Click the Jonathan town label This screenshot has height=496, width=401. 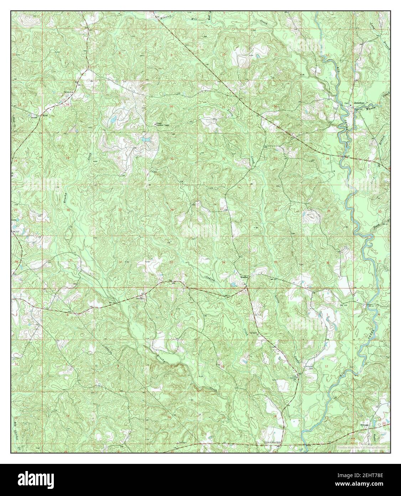pos(359,103)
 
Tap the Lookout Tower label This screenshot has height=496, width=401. pos(160,125)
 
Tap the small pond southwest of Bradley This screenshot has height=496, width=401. pos(233,285)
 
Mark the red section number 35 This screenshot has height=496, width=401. pos(276,262)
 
